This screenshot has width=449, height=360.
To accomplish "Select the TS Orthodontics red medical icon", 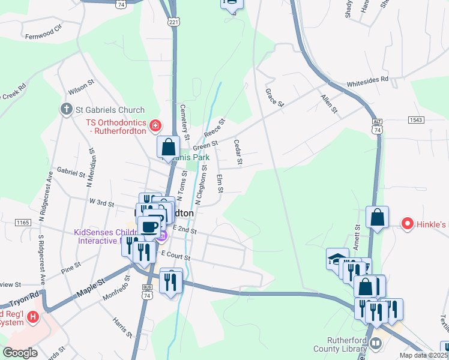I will coord(155,125).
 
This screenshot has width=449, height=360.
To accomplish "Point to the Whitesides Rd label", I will coord(368,79).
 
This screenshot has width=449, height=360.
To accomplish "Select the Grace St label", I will coord(274,98).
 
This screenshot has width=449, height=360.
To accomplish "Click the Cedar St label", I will coord(238,152).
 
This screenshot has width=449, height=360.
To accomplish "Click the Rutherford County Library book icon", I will coord(375,343).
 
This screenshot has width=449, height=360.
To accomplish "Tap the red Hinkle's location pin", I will coord(408,224).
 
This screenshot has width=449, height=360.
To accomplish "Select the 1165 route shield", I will coord(23,222).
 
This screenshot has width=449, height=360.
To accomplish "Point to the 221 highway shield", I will coord(173,22).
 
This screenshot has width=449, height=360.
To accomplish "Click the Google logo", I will coord(20,353).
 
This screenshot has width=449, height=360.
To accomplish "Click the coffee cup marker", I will coord(149,227).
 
